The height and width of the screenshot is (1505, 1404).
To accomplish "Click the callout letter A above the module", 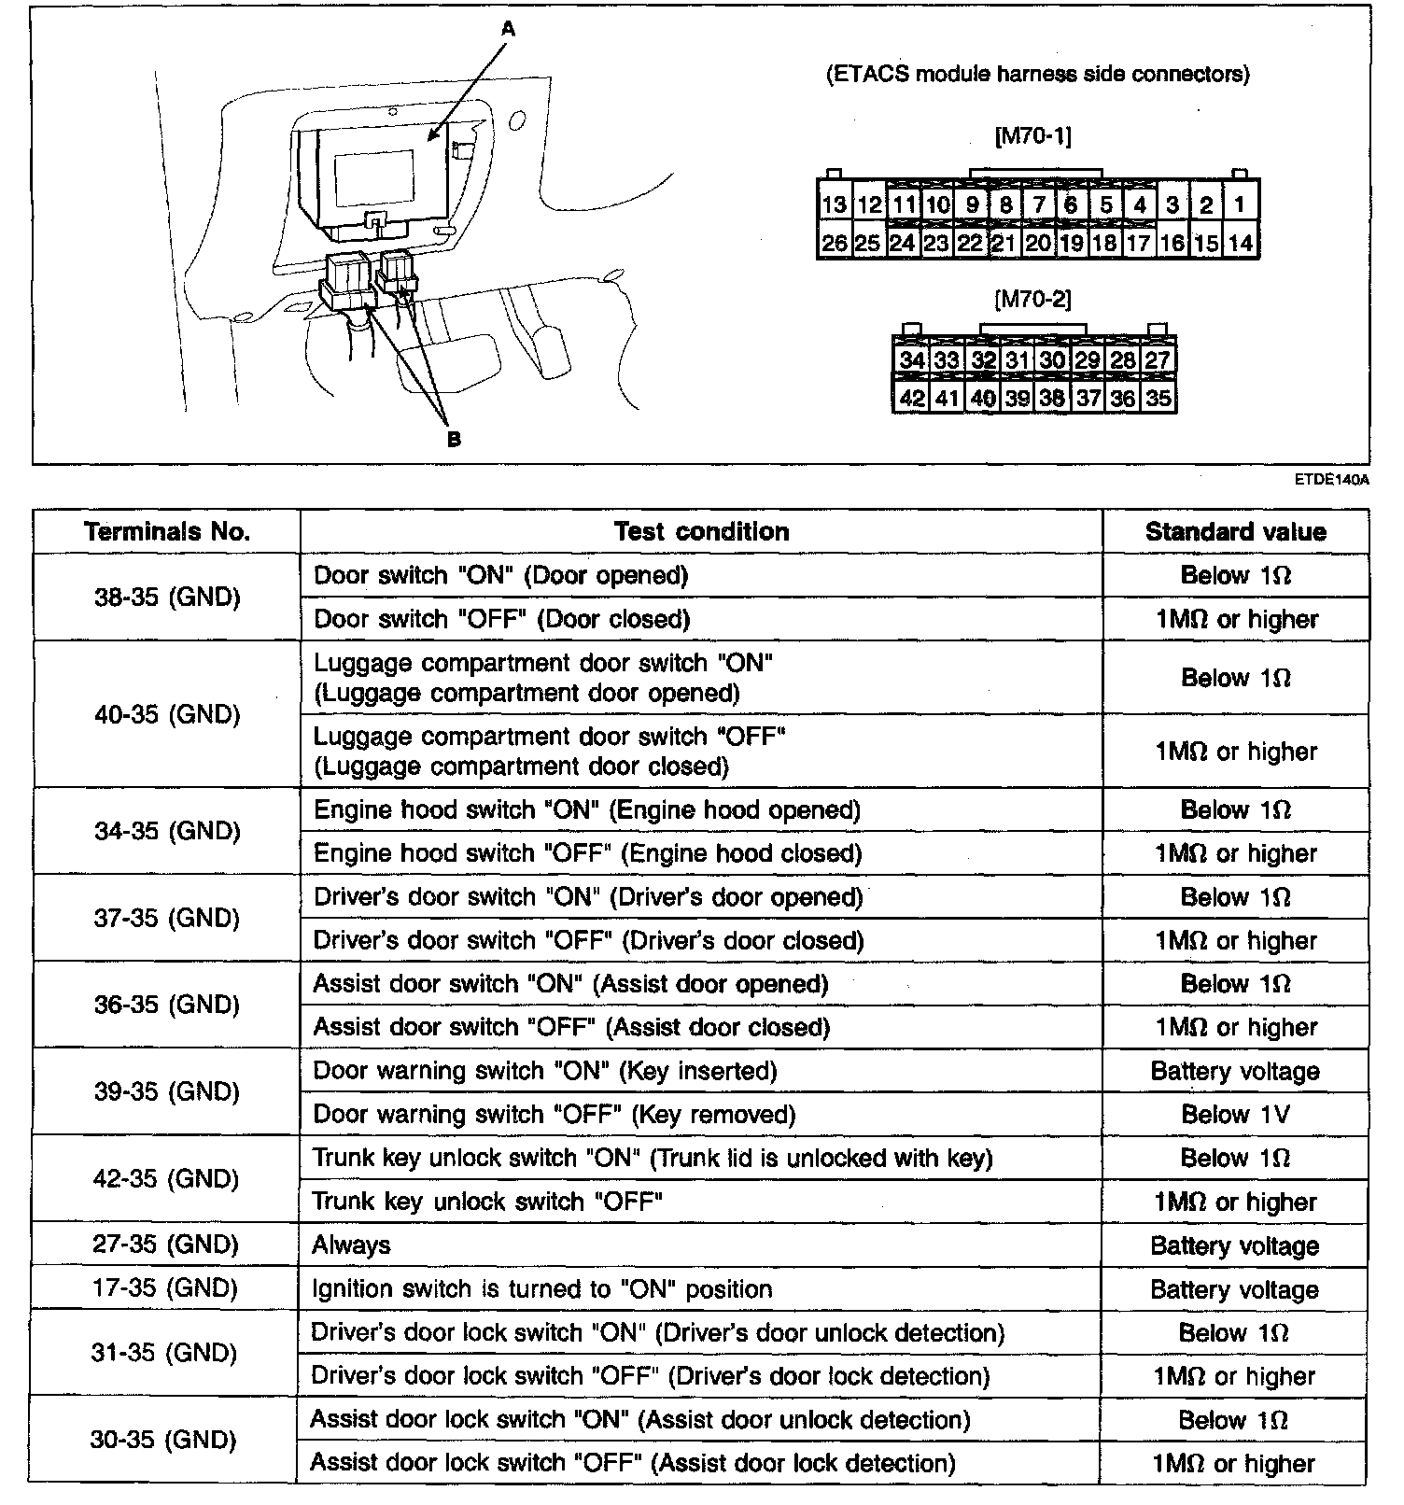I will (x=508, y=30).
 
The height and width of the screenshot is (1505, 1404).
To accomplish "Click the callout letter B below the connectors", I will (x=454, y=439).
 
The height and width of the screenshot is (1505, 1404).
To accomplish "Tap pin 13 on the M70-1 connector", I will (x=834, y=204).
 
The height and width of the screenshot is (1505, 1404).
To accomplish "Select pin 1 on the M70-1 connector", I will (x=1239, y=204).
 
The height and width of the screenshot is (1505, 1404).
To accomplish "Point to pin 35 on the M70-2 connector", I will (x=1158, y=398).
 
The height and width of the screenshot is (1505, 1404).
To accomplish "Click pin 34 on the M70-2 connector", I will (x=911, y=360).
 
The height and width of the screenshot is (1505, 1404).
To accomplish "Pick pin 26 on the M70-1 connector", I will (x=834, y=243).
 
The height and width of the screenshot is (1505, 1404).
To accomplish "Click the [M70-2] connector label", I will (x=1033, y=299).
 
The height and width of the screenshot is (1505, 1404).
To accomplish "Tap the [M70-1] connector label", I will (x=1033, y=136).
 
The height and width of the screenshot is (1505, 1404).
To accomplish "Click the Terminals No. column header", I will (x=167, y=532).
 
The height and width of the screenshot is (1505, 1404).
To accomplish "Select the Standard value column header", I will (x=1235, y=532).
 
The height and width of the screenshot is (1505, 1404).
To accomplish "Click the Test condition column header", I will (x=701, y=532).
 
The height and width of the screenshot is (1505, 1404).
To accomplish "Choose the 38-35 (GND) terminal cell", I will (x=167, y=598).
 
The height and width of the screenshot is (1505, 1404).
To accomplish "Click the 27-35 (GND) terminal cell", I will (x=166, y=1245).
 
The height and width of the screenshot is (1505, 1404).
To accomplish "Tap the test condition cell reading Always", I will (x=351, y=1245).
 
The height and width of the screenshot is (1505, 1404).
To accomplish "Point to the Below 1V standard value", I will (x=1235, y=1115).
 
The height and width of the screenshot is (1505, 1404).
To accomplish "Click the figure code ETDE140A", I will (x=1331, y=480).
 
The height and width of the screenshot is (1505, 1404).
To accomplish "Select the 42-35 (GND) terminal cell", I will (x=166, y=1179).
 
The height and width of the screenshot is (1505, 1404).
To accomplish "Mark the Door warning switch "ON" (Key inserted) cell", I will (x=545, y=1071).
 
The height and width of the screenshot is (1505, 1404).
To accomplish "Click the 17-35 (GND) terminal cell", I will (x=166, y=1288).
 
